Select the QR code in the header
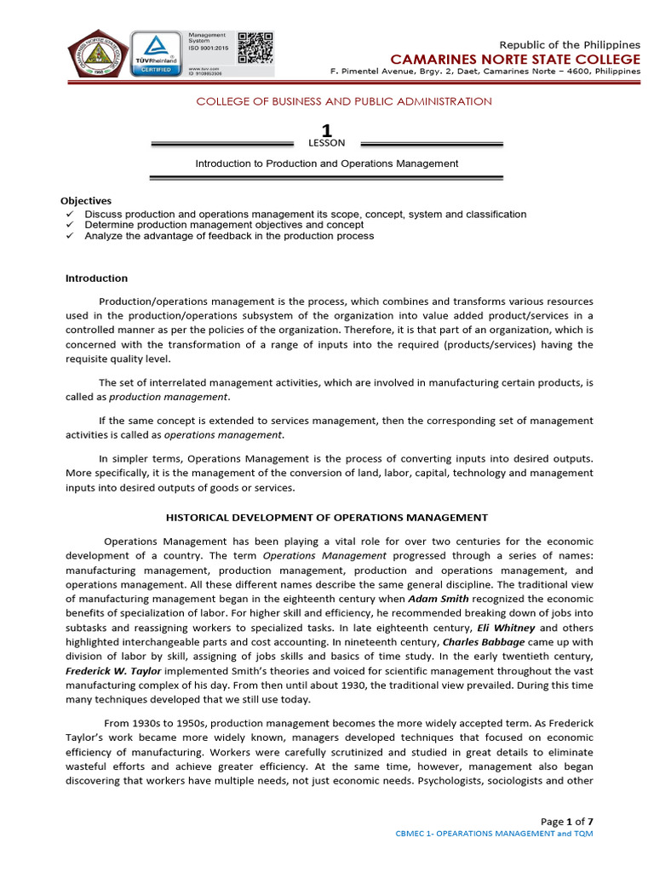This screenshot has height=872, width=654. click(255, 48)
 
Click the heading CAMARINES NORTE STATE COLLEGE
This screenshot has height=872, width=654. click(515, 59)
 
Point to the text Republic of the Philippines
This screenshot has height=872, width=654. click(569, 44)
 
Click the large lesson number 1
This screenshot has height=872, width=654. click(326, 129)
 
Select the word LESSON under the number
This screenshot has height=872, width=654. click(326, 143)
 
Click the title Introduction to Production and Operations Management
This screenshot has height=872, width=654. click(326, 163)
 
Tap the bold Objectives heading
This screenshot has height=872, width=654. click(89, 201)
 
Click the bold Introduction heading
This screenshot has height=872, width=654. click(96, 278)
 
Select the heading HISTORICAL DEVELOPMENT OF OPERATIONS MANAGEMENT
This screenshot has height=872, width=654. click(326, 517)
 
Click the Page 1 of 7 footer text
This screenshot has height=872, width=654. click(567, 821)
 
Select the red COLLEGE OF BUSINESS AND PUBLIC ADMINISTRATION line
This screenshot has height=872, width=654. click(344, 101)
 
